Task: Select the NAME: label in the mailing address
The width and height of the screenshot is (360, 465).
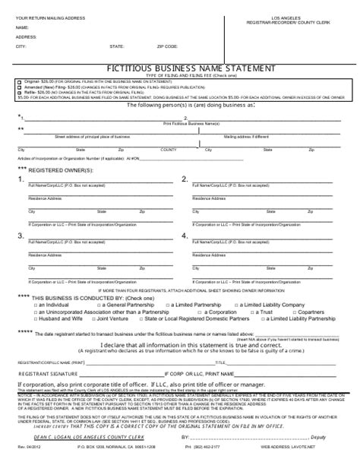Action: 22,27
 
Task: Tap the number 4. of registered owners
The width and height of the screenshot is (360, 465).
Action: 185,236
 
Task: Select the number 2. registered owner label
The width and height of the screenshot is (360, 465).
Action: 185,179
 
